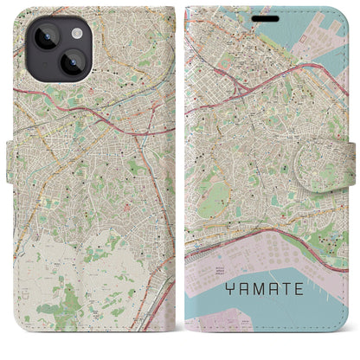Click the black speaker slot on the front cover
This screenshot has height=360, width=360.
click(x=260, y=11)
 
